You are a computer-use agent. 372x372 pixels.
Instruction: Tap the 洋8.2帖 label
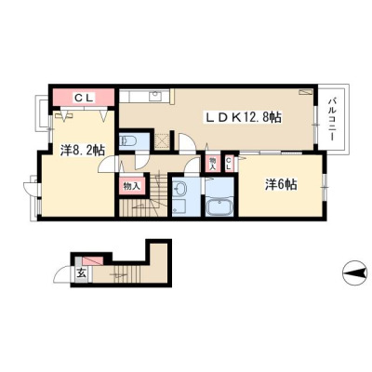point(82,150)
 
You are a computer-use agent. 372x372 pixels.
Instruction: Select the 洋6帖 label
point(281,185)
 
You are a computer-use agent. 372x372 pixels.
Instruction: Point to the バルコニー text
point(332,119)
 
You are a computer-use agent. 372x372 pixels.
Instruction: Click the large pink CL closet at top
point(83,98)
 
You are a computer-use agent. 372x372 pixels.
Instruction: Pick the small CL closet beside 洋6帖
point(229,163)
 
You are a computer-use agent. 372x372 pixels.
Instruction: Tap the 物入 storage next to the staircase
point(132,186)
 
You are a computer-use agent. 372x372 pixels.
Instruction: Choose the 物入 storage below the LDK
point(213,163)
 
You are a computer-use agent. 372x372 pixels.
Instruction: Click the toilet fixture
point(126,141)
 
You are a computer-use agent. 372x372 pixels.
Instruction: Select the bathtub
point(219,207)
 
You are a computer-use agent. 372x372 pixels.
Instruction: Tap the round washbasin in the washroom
point(180,188)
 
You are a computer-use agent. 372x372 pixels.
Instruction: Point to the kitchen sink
point(154,96)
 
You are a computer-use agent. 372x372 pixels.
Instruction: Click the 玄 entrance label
point(81,273)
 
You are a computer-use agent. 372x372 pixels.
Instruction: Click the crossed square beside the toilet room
point(162,140)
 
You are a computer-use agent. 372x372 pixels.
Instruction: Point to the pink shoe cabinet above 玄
point(93,260)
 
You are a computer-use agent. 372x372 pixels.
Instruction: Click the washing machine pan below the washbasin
point(179,206)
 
